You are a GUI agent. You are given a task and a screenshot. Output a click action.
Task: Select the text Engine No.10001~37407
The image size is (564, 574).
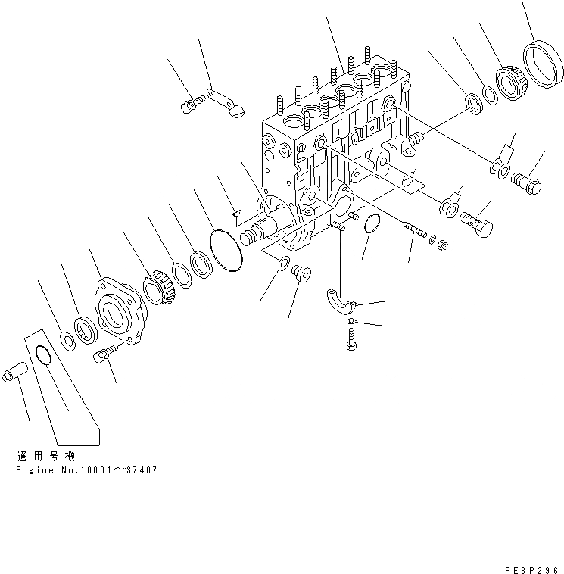pyautogui.click(x=86, y=469)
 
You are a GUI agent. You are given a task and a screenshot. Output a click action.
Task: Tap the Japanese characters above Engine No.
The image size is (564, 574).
pyautogui.click(x=44, y=457)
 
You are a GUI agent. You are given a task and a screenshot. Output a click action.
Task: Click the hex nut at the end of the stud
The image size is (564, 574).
pyautogui.click(x=444, y=245)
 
